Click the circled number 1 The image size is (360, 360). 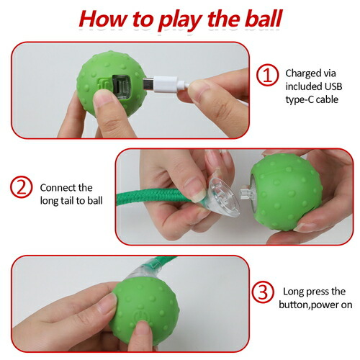click(x=267, y=75)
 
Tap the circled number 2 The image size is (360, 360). click(x=22, y=187)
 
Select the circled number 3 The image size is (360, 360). click(x=263, y=292)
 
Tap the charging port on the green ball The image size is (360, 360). click(x=121, y=87)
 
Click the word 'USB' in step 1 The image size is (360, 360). click(x=333, y=86)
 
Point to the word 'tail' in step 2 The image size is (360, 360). click(x=77, y=201)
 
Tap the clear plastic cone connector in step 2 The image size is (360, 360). click(x=222, y=197)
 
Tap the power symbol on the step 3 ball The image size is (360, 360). click(x=140, y=316)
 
